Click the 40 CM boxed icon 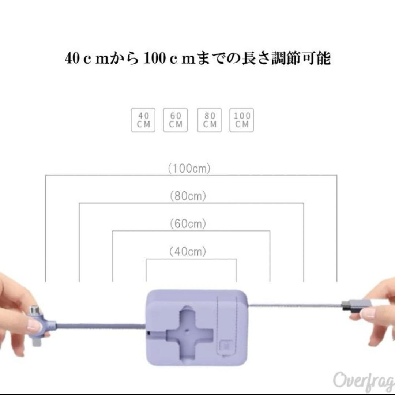(143, 120)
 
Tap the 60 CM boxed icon (176, 120)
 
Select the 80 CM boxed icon (210, 120)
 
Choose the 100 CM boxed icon (241, 120)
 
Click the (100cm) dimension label (189, 169)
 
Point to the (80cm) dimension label (188, 196)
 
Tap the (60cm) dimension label (188, 223)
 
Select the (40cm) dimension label (188, 251)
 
